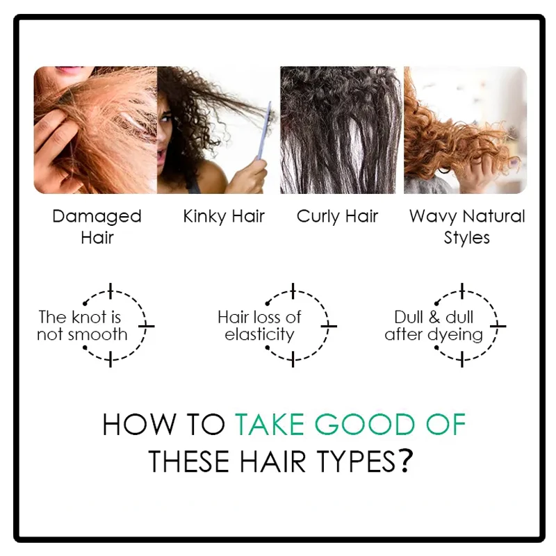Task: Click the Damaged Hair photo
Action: click(95, 130)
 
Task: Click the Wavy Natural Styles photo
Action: click(464, 130)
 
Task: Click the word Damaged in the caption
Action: click(97, 216)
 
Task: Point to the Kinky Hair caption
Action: click(224, 216)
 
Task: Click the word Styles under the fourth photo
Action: click(467, 238)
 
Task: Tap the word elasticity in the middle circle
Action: click(260, 334)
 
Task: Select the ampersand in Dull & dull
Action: click(434, 318)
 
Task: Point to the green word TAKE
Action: click(268, 425)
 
